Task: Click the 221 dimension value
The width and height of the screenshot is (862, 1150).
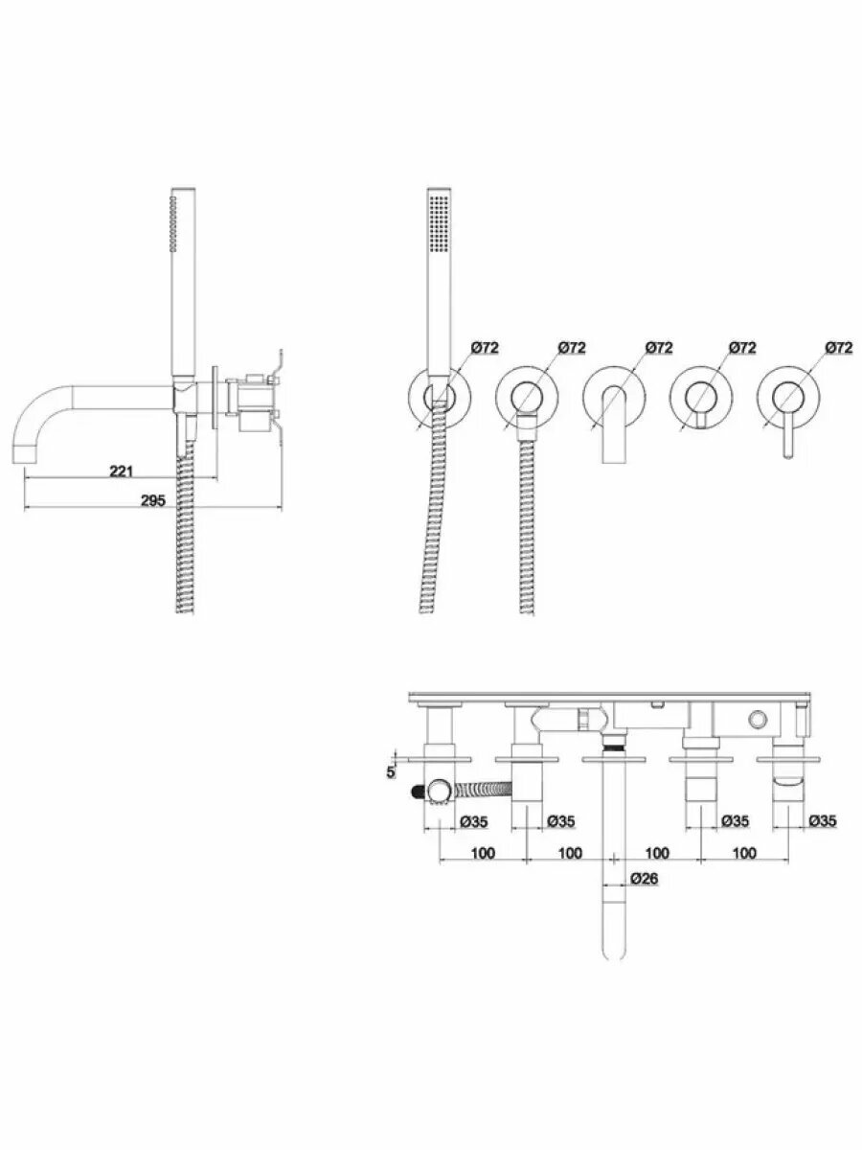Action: point(121,471)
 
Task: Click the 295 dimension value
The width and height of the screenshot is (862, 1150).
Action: point(153,501)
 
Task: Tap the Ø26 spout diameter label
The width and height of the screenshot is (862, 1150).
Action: point(644,879)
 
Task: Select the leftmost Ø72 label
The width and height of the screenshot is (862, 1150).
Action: point(485,347)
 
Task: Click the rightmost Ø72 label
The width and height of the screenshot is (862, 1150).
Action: point(838,347)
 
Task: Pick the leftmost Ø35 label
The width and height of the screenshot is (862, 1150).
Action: point(474,821)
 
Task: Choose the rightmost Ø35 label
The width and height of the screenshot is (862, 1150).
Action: point(822,820)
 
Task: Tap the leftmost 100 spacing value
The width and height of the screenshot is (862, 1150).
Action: point(483,853)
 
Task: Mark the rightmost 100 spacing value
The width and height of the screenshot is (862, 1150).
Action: point(744,853)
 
